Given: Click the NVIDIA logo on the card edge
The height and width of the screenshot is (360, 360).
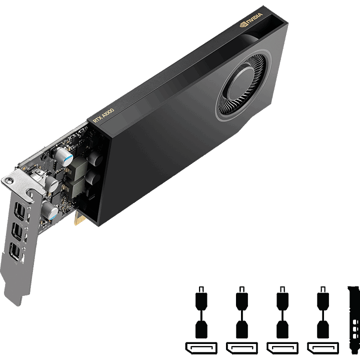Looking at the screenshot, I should pyautogui.click(x=250, y=22).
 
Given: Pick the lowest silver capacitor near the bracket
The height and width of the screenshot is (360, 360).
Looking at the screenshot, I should pyautogui.click(x=50, y=211).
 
